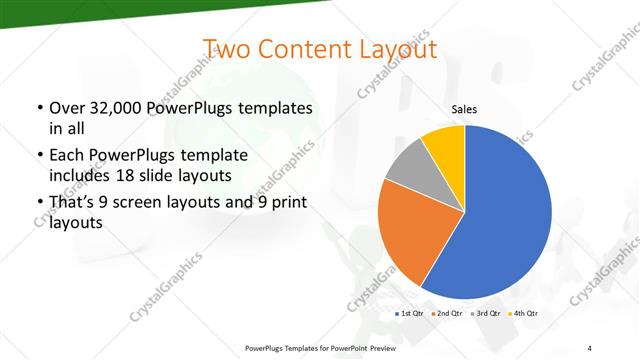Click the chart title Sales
(464, 109)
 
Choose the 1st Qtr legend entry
(410, 314)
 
